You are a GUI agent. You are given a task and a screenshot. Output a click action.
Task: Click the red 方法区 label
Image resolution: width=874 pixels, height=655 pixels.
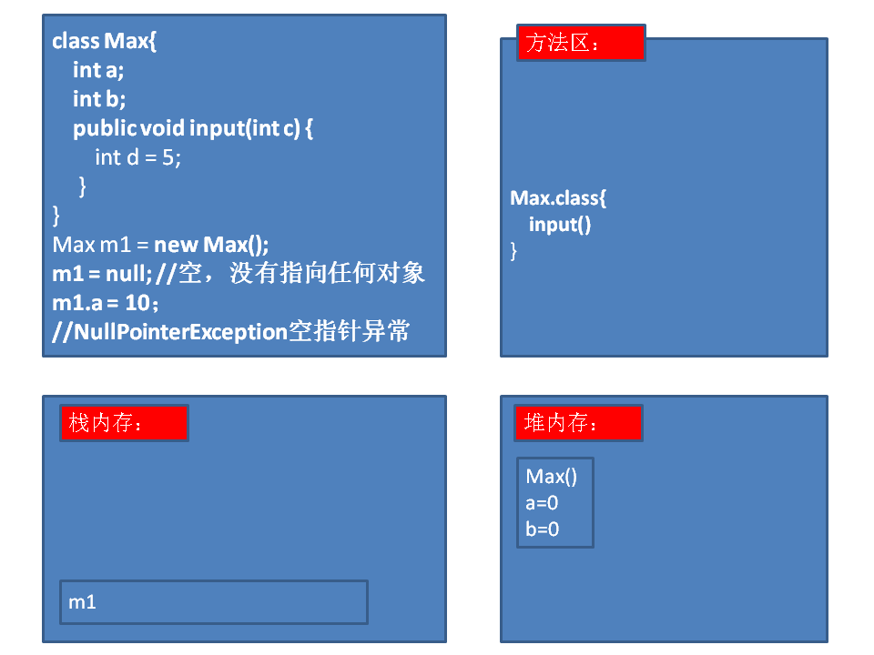tap(581, 43)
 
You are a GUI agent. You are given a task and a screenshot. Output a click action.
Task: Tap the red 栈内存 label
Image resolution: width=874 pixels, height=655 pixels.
tap(124, 423)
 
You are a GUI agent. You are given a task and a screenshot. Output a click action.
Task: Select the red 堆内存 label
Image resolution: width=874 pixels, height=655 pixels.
tap(578, 423)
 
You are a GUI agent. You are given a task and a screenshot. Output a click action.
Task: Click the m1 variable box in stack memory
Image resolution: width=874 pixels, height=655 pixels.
tap(213, 602)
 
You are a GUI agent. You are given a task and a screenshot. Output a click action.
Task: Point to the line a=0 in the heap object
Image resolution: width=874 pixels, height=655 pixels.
tap(542, 502)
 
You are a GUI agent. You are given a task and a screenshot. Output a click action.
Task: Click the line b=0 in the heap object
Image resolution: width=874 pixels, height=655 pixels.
tap(543, 529)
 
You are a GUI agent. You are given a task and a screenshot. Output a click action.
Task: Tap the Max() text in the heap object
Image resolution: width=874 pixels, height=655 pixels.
tap(552, 476)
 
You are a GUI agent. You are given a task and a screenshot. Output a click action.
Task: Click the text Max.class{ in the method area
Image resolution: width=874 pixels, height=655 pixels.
tap(558, 197)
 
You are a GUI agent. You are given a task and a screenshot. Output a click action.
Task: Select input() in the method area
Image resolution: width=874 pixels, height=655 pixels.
tap(560, 224)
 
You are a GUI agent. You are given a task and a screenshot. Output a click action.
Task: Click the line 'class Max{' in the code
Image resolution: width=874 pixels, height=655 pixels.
tap(105, 41)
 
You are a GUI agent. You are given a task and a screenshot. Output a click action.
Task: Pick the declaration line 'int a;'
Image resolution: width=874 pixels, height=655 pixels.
tap(98, 70)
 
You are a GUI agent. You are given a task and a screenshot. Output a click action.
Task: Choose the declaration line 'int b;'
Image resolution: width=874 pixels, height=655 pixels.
tap(99, 98)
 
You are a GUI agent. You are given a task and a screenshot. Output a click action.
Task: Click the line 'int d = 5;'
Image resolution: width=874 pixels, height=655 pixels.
tap(138, 156)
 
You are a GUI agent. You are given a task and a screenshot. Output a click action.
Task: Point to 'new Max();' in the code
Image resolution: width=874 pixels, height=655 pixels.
tap(212, 244)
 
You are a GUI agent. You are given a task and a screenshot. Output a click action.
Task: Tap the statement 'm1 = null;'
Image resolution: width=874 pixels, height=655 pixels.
tap(102, 273)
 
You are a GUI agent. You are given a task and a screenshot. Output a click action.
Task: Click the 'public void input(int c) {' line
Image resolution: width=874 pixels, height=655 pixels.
tap(193, 128)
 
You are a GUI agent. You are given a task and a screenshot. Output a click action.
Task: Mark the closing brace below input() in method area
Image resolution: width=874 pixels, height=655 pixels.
tap(514, 250)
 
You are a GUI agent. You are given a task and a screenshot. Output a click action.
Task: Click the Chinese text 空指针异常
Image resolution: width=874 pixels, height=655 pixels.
tap(349, 331)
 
